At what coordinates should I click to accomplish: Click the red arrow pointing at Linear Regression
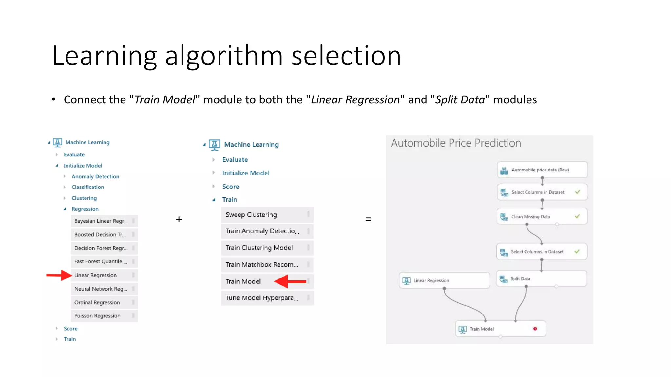(x=59, y=275)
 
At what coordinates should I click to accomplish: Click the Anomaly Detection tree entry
(x=95, y=176)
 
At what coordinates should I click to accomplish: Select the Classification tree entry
(x=88, y=187)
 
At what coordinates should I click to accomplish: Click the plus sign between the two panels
(x=179, y=219)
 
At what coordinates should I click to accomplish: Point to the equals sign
(x=368, y=219)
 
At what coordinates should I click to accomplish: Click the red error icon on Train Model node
(x=535, y=329)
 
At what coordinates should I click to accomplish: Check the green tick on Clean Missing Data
(x=577, y=216)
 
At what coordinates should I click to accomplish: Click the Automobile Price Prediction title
(x=456, y=143)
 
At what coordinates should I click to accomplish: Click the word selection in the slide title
(x=346, y=56)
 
